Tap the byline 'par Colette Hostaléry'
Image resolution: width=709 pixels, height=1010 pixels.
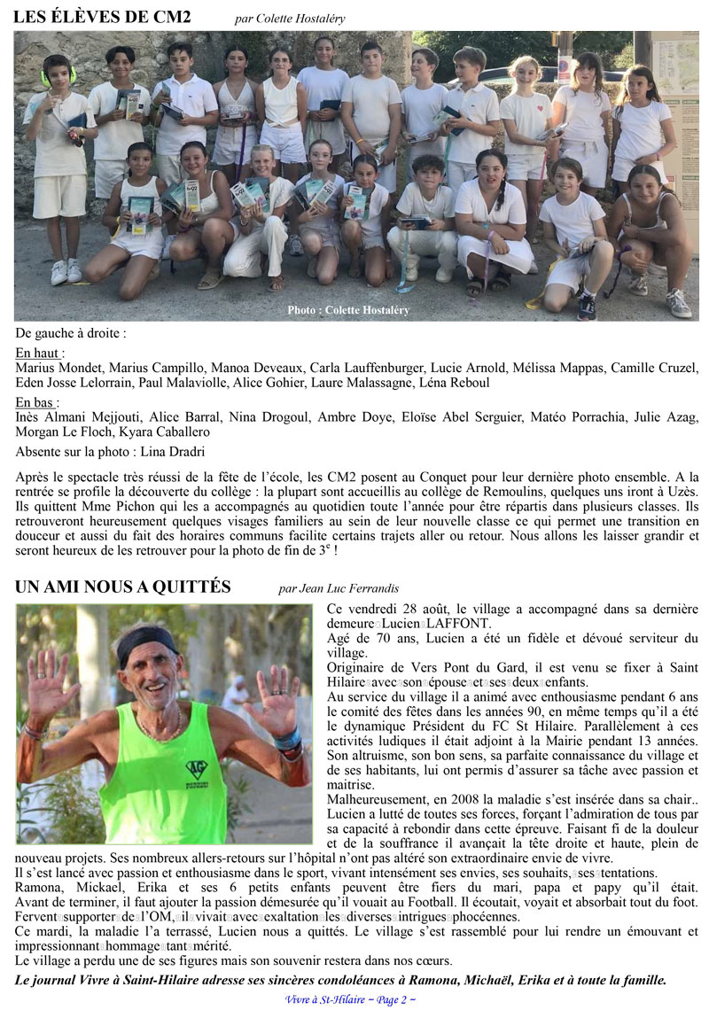291,18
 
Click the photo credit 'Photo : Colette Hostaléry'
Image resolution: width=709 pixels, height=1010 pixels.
348,310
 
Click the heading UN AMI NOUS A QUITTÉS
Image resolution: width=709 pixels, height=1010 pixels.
123,587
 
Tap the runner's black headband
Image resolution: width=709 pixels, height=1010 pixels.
147,640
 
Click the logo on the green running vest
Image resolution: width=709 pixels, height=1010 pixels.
196,769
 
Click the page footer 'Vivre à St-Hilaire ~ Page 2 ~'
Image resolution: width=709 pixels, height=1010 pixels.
351,999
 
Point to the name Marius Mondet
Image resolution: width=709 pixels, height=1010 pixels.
56,368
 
